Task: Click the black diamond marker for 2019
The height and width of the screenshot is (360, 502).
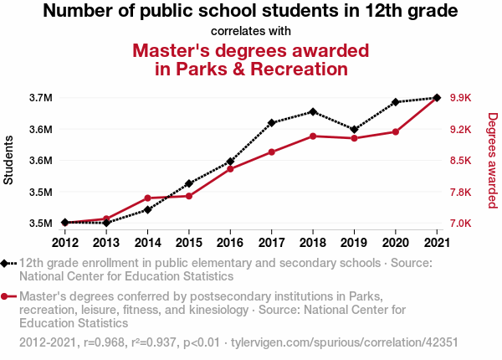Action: pyautogui.click(x=354, y=129)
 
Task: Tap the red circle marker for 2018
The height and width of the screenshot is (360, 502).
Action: pyautogui.click(x=313, y=136)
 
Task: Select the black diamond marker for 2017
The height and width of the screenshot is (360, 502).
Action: pyautogui.click(x=272, y=122)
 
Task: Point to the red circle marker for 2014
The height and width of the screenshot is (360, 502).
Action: pyautogui.click(x=147, y=198)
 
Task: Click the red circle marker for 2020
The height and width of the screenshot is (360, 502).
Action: pyautogui.click(x=395, y=131)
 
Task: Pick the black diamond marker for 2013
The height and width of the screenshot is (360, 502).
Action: pyautogui.click(x=106, y=223)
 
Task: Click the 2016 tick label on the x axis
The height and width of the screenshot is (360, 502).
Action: pyautogui.click(x=230, y=243)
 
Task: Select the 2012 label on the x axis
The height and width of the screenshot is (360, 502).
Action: pyautogui.click(x=65, y=243)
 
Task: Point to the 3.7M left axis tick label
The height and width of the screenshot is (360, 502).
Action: pyautogui.click(x=41, y=98)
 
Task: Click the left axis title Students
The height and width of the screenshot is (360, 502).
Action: pyautogui.click(x=9, y=161)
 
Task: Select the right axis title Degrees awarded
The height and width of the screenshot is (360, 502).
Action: pyautogui.click(x=493, y=161)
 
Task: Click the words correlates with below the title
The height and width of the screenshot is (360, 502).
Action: pyautogui.click(x=251, y=32)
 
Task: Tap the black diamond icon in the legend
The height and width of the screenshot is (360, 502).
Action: pyautogui.click(x=6, y=263)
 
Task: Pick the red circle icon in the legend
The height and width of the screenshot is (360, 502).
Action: pyautogui.click(x=6, y=296)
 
